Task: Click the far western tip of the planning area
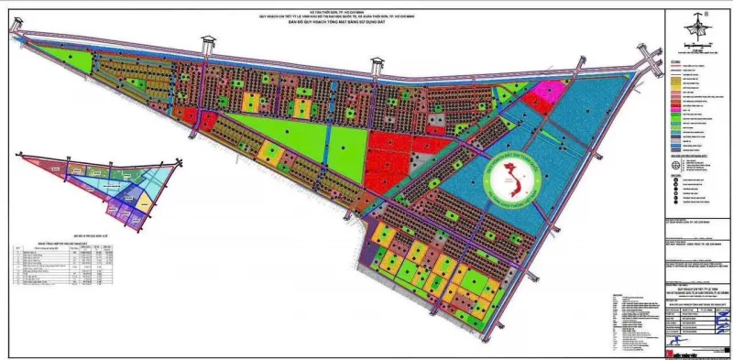coord(13,29)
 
